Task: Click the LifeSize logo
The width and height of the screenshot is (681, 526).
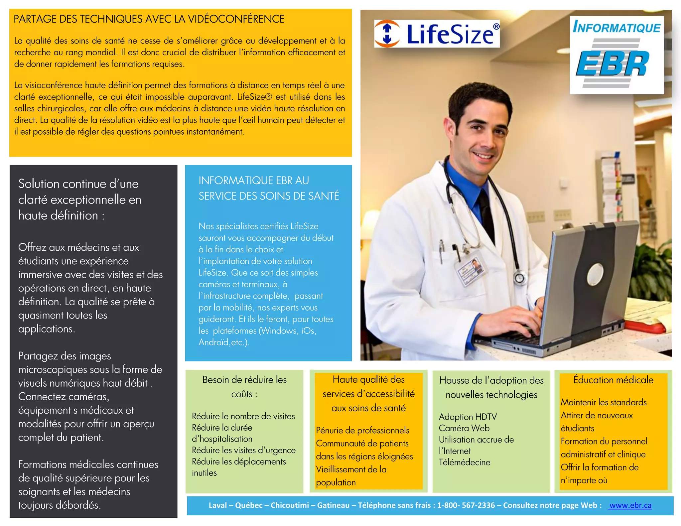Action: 437,34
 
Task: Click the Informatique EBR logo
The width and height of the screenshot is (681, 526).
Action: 616,55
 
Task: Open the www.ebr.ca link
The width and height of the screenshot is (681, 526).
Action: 630,505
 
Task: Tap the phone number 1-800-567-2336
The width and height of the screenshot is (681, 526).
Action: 466,505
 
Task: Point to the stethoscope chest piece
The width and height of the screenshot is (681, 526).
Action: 519,278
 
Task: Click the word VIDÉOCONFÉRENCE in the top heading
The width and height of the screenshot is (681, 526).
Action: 236,19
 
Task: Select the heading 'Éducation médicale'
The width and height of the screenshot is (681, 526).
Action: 613,380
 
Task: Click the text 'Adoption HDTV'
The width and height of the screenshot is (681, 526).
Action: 468,417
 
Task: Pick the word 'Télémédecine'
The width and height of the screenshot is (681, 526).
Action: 464,462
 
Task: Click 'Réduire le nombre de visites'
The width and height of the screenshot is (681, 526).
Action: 243,416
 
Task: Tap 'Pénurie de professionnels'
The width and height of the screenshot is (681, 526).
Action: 362,430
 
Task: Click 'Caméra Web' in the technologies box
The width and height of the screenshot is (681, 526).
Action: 464,428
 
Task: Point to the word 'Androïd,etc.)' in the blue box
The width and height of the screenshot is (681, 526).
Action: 224,342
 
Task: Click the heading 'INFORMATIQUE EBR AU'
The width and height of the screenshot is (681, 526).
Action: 254,181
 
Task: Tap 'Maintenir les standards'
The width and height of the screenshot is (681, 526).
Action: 604,402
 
